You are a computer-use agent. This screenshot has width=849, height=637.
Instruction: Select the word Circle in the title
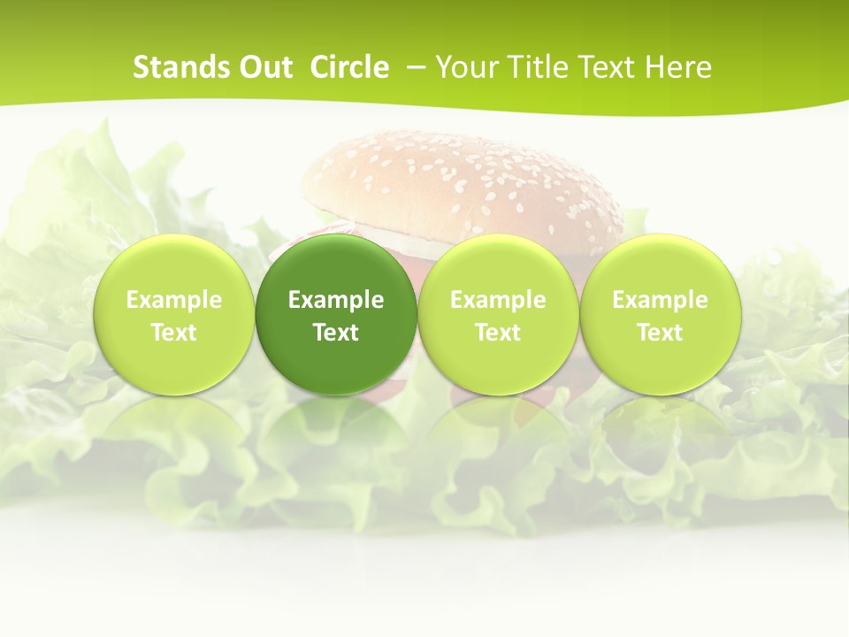coord(349,67)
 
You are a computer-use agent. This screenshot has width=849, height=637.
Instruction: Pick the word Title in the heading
coord(533,67)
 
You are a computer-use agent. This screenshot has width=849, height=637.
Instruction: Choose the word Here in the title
coord(677,67)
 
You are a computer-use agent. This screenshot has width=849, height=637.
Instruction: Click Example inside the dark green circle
coord(336,300)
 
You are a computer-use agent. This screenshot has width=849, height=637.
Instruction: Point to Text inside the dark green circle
coord(336,333)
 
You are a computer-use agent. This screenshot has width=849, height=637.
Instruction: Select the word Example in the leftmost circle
coord(173,300)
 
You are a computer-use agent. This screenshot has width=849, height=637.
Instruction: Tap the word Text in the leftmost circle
coord(173,333)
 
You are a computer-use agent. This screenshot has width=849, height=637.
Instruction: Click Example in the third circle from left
coord(498,300)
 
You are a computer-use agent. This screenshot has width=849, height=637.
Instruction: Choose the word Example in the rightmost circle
coord(661,300)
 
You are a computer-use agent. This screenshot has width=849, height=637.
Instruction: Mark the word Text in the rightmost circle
coord(661,333)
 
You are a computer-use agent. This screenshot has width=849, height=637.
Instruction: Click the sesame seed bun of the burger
coord(460,181)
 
